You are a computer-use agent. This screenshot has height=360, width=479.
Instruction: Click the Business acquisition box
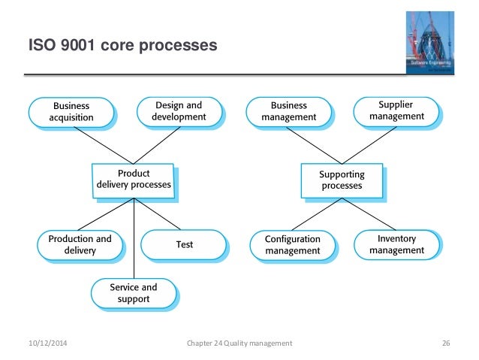point(72,112)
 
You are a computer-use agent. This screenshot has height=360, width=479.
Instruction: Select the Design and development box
point(179,111)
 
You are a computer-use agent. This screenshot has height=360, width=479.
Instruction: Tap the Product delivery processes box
point(134,179)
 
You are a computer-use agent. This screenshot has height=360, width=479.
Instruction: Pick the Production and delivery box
point(79,244)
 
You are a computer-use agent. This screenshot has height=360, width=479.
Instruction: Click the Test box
point(184,244)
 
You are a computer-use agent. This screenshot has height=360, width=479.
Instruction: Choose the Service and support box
point(134,292)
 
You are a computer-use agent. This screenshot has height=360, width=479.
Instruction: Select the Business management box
point(288,111)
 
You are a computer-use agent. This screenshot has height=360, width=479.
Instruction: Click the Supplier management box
point(396,111)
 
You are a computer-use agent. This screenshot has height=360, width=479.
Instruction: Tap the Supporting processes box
point(342,179)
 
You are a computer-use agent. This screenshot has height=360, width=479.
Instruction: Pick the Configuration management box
point(292,244)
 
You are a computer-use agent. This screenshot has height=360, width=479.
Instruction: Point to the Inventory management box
point(396,244)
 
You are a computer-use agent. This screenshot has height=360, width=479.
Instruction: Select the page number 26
point(446,343)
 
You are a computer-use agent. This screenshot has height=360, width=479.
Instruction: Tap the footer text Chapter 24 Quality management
point(239,343)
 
